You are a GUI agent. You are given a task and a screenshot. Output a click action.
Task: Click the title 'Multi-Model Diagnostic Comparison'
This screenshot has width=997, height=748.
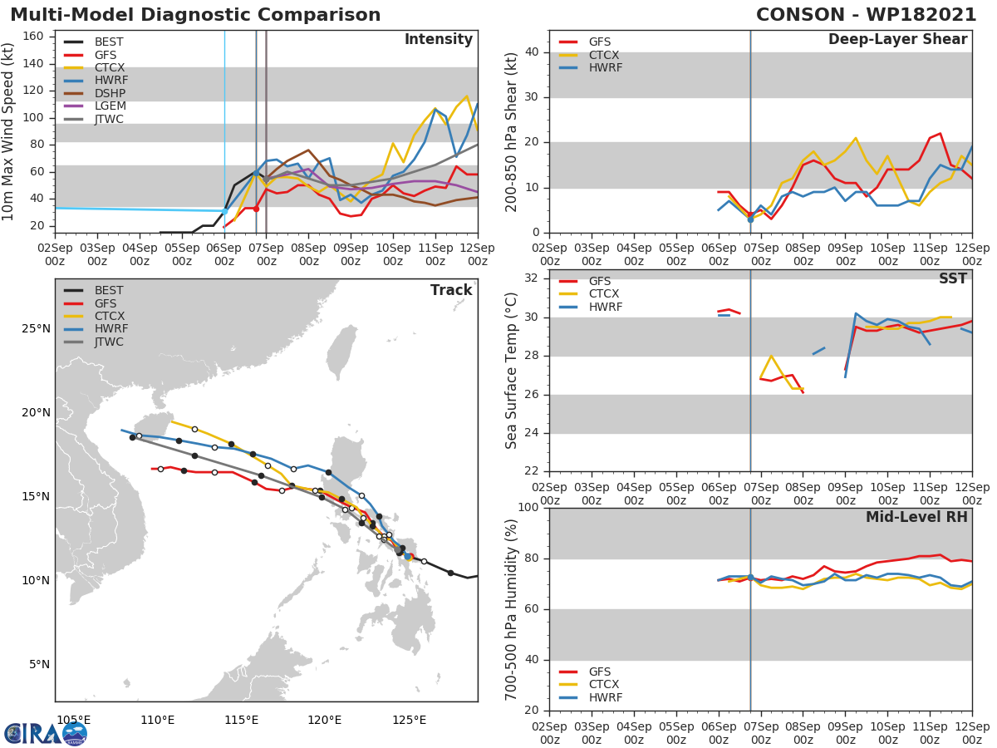tap(195, 15)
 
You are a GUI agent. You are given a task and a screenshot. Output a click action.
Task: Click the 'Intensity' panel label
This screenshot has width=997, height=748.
tap(438, 40)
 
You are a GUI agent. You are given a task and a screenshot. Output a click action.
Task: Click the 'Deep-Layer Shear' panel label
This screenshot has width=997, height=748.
tap(897, 40)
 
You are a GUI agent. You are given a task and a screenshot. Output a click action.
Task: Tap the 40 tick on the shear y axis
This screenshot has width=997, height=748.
tap(532, 52)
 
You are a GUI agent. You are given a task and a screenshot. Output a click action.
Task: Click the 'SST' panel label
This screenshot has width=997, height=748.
tap(952, 279)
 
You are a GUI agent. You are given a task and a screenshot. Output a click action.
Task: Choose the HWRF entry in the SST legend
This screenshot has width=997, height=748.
tap(605, 308)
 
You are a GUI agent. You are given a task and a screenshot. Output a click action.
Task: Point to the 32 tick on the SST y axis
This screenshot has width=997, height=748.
tap(532, 279)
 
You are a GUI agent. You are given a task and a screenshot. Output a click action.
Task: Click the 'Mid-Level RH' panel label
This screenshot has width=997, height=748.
tap(916, 517)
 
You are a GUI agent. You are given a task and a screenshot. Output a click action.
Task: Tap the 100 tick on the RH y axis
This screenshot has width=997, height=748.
tap(528, 508)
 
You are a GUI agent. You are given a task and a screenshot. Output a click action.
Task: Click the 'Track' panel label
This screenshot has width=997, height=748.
tap(450, 290)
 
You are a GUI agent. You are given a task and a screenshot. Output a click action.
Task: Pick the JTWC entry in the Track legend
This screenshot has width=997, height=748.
tap(109, 342)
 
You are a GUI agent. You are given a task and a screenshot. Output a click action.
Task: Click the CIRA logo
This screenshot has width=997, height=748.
tap(46, 733)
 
